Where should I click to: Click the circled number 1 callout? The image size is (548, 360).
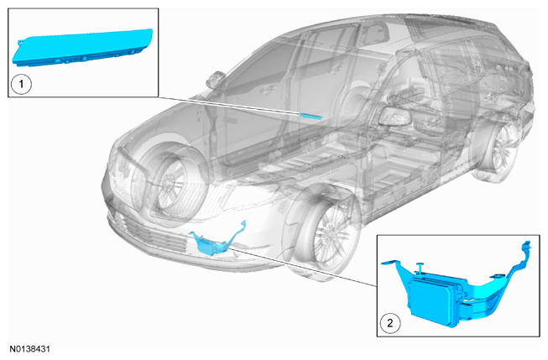coord(21,84)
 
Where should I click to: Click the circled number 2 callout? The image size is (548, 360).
coord(389,323)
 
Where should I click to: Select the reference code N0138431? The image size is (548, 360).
coord(29,349)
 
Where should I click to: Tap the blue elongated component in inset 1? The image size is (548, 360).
coord(82,48)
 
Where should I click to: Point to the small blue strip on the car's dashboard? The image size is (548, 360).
coord(310,117)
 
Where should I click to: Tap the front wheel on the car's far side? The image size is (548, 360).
coord(168,182)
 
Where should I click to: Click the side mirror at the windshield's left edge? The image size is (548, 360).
coord(216,80)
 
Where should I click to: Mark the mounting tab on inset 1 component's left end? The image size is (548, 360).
coord(20,42)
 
